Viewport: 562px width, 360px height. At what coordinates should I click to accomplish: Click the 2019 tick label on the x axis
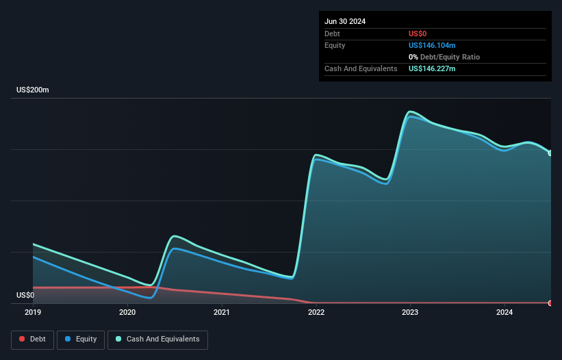33,312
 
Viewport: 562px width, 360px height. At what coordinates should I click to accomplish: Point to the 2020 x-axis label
127,312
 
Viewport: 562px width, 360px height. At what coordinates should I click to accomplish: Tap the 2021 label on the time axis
222,312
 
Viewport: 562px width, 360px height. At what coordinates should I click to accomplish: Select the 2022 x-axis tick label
316,312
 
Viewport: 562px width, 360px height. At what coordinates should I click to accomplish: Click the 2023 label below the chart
410,312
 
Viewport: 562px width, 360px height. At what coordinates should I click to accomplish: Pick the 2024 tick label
504,312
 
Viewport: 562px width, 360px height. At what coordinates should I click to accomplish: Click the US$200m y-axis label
33,90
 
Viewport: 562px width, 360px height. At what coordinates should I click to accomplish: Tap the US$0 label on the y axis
25,296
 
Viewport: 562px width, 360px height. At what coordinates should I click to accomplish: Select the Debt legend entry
32,339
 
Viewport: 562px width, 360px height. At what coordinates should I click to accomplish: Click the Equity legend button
81,339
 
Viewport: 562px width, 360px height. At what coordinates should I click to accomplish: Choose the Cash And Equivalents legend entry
157,339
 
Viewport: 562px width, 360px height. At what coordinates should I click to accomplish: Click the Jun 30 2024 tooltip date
345,21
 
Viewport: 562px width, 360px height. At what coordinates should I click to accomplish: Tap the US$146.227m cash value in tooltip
432,68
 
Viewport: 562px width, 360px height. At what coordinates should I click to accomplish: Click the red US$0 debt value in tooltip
419,34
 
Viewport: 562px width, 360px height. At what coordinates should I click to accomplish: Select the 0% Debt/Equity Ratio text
444,57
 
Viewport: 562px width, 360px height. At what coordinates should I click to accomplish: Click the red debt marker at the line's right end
550,303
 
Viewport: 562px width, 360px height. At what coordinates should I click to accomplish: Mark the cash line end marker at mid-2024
550,153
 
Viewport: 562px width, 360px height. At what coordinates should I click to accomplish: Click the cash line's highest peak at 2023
410,112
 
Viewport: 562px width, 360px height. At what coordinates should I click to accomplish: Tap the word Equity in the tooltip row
335,45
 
